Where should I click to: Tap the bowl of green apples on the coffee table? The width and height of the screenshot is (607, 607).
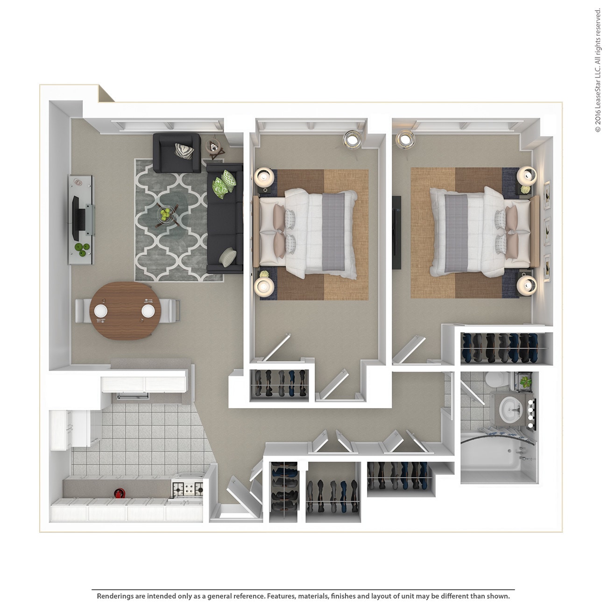coord(165,214)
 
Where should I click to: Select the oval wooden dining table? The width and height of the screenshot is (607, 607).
coord(125,311)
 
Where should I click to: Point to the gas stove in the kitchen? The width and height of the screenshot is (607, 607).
coord(187,489)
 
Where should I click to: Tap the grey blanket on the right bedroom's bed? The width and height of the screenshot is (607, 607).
coord(456,233)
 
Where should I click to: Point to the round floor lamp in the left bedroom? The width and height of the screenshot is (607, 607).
coord(352,139)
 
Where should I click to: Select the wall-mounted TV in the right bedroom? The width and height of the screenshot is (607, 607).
coord(396,232)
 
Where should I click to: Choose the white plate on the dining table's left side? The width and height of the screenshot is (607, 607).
coord(101,311)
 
